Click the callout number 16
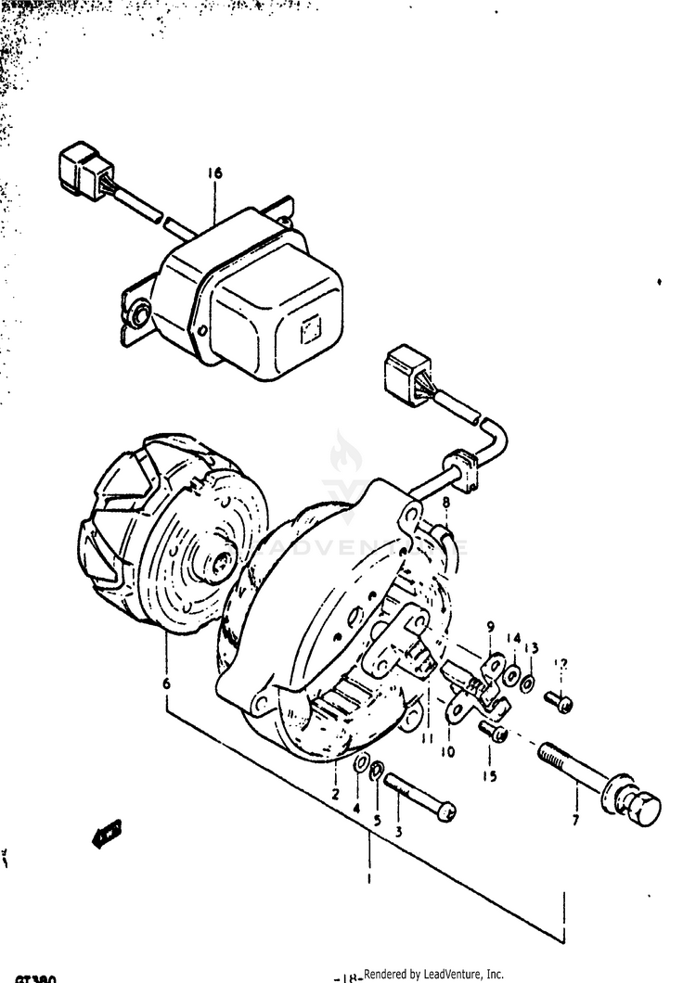coord(215,173)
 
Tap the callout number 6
coord(166,683)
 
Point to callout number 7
coord(575,821)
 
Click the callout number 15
coord(489,775)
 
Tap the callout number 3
coord(399,832)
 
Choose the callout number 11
coord(428,737)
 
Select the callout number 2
coord(335,795)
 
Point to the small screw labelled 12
coord(560,702)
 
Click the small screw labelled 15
coord(496,734)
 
